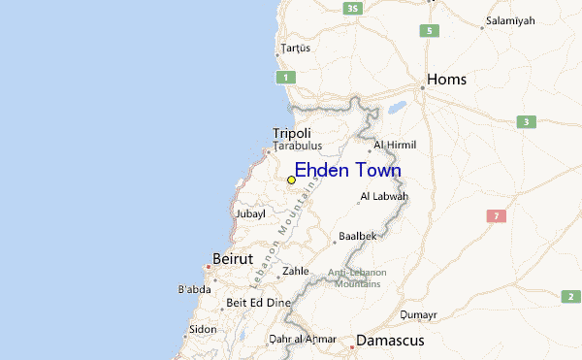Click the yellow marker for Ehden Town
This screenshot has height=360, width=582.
(x=291, y=180)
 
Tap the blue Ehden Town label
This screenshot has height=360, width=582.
(x=347, y=171)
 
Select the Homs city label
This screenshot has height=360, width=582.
(x=447, y=80)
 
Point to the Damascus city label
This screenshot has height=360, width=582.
(x=390, y=341)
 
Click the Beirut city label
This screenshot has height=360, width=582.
(x=233, y=260)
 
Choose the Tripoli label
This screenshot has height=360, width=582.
(x=292, y=133)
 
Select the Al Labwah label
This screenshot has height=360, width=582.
(x=384, y=197)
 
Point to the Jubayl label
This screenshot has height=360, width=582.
(x=249, y=213)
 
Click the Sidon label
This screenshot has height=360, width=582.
(x=203, y=329)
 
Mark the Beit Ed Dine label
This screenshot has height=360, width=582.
(x=258, y=303)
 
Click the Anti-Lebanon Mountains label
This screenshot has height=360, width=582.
(x=356, y=278)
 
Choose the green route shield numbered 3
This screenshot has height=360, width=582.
(x=526, y=122)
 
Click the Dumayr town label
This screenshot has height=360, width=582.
(x=419, y=314)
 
